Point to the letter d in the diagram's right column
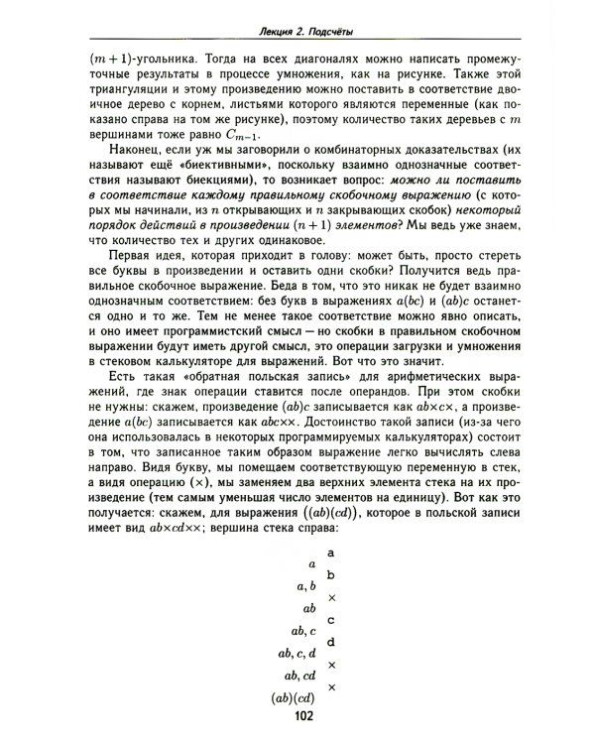tap(331, 642)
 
